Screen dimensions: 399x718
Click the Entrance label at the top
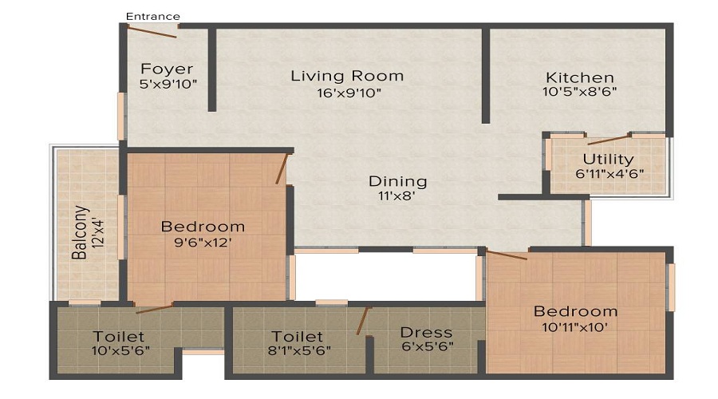tap(153, 16)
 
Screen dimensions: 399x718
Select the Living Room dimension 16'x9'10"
tap(347, 93)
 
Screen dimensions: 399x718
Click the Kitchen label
tap(580, 77)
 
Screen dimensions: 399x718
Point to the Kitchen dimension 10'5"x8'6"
tap(580, 92)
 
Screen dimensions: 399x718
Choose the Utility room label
tap(608, 159)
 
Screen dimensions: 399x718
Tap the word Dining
tap(397, 181)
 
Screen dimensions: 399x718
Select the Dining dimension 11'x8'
tap(397, 196)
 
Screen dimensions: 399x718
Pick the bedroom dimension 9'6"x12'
tap(203, 243)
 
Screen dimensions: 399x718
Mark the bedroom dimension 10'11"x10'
tap(576, 326)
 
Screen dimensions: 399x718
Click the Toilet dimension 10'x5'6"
tap(119, 350)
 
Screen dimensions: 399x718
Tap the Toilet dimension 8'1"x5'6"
tap(297, 350)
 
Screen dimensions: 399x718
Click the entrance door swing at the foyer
tap(152, 32)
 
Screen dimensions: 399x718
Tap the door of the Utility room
tap(609, 140)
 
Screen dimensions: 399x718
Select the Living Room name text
tap(347, 77)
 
